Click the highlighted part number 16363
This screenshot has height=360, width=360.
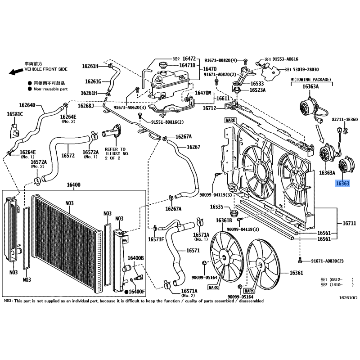[x=342, y=184]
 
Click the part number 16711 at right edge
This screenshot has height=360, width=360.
[x=349, y=223]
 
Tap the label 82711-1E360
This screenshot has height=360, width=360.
[x=345, y=120]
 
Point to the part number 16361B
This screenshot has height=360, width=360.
[x=224, y=220]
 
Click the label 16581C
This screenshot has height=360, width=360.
[x=15, y=114]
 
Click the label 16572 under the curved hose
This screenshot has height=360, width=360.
[x=67, y=156]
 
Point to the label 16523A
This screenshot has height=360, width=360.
[x=258, y=90]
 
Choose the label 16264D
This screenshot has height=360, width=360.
[x=27, y=105]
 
